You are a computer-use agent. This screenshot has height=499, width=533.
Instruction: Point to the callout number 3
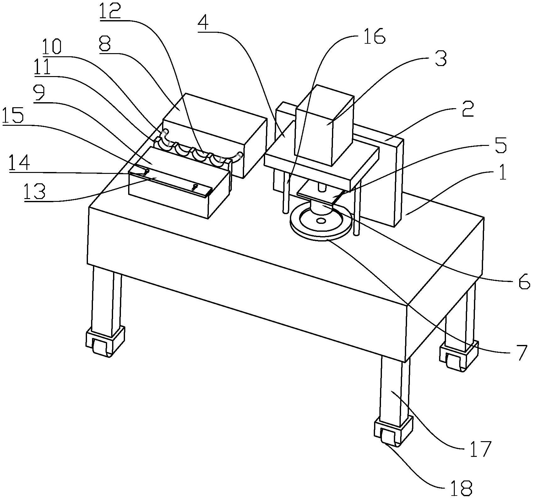tap(440, 58)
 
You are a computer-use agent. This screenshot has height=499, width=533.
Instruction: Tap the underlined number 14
tap(19, 164)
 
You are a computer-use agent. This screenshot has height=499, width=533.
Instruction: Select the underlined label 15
tap(14, 115)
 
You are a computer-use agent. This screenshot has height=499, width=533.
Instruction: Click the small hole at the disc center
tap(321, 221)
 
